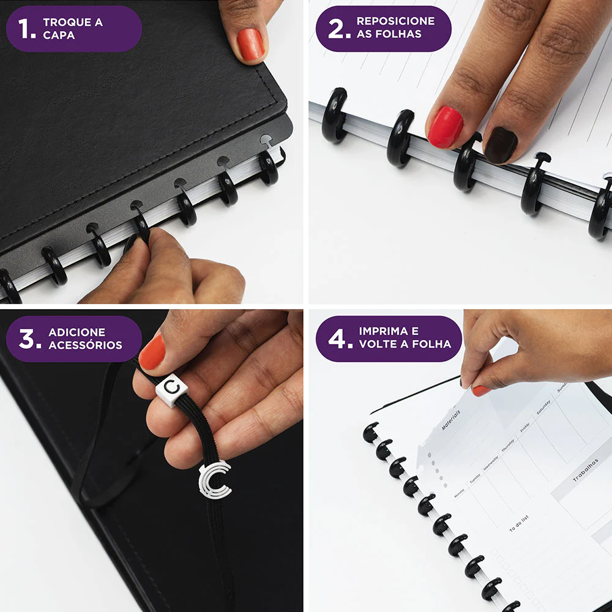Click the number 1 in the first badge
25,28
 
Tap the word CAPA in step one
59,35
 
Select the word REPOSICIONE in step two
395,21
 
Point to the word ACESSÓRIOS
85,345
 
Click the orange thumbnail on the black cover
251,44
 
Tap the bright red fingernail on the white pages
445,127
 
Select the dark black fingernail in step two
501,145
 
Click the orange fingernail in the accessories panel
152,353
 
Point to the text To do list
518,524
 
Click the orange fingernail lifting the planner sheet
480,390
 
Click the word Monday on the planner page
459,493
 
